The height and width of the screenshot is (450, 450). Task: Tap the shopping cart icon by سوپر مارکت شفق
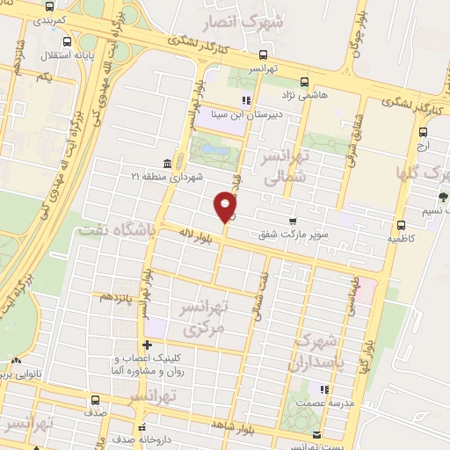(x=293, y=221)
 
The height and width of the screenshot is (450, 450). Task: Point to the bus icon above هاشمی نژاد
(x=304, y=79)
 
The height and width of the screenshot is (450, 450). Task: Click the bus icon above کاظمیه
(x=401, y=224)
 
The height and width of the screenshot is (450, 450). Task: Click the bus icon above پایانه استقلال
(x=69, y=42)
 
